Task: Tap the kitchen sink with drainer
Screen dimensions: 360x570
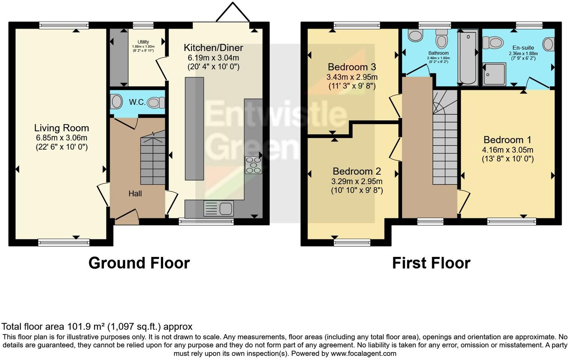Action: point(219,208)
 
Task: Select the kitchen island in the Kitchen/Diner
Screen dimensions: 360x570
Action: point(194,129)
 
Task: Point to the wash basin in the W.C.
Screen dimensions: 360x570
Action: point(116,102)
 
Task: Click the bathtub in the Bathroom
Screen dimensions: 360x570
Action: point(468,58)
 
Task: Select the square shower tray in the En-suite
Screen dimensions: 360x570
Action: point(494,74)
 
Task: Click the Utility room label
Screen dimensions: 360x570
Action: point(143,42)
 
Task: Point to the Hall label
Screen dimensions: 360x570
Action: point(135,193)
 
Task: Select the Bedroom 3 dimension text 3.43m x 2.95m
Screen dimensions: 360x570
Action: point(352,77)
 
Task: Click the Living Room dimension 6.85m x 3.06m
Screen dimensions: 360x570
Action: point(61,138)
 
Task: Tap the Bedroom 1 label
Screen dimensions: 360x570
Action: point(507,140)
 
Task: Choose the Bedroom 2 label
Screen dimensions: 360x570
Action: point(357,171)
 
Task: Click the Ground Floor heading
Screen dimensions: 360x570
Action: point(139,263)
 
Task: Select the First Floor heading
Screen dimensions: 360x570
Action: point(431,263)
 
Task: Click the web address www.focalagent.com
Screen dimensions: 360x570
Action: point(363,353)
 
